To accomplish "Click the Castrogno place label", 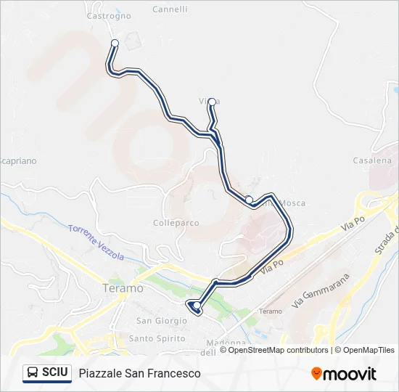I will coord(109,15).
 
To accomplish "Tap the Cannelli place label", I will coord(170,9).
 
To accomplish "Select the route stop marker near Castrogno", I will coord(115,44).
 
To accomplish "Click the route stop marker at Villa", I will coord(211,103).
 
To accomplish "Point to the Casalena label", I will coord(371,160).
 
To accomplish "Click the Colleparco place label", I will coord(176,223).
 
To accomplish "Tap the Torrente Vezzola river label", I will coord(96,242).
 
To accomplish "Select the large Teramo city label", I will coord(124,288).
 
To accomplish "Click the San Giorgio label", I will coord(157,320).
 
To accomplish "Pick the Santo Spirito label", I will coord(157,338).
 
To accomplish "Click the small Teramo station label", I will coord(271,311).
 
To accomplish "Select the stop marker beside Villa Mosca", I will coord(249,200).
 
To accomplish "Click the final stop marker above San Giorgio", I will coord(197,305).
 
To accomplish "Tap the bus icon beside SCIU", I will coord(33,372).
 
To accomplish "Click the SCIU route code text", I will coord(55,372).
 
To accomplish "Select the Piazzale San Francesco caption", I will coord(139,373).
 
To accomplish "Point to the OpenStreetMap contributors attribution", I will coord(273,350).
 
